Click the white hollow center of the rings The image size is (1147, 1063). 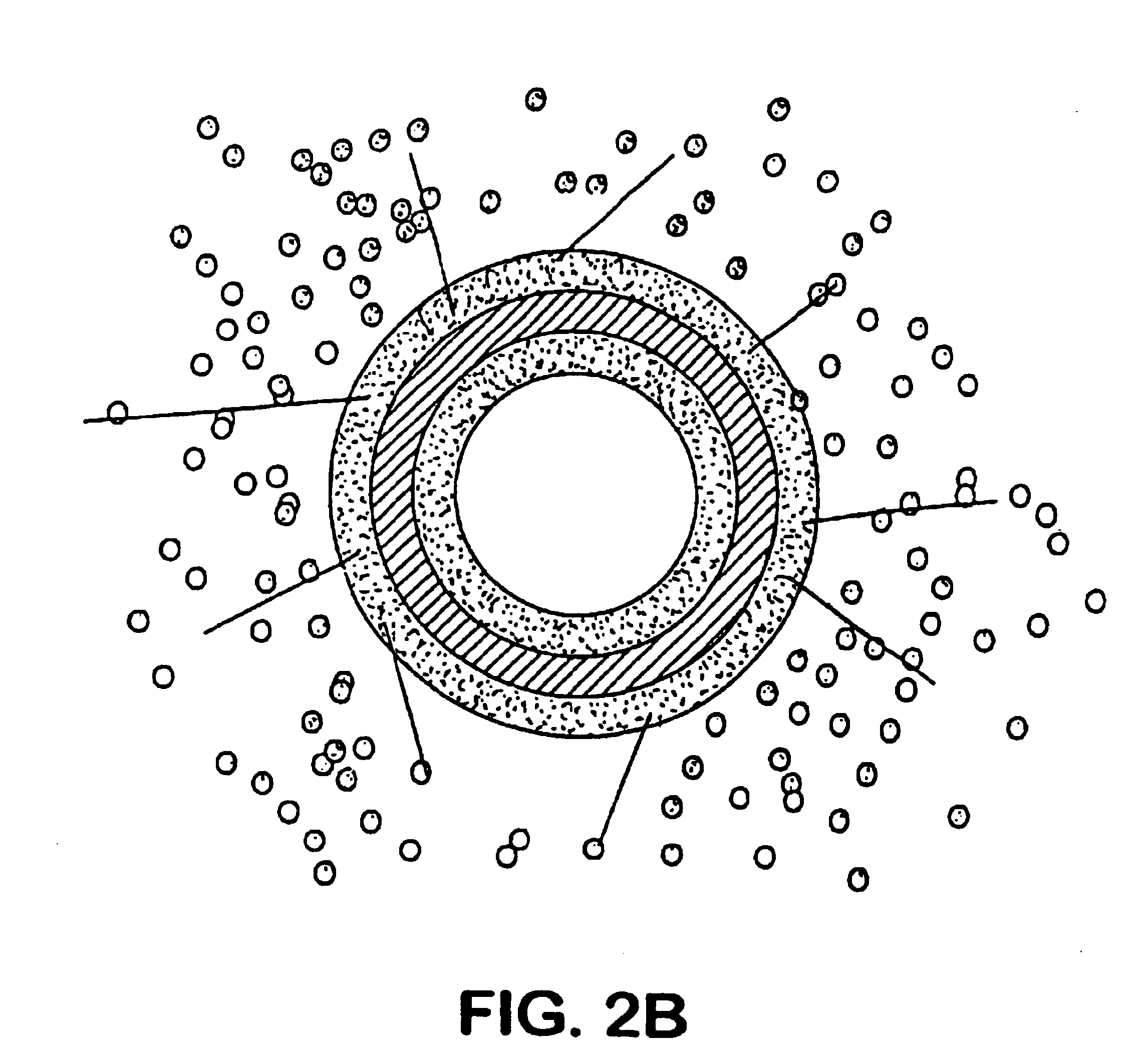click(x=576, y=495)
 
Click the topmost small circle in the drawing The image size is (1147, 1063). click(x=536, y=100)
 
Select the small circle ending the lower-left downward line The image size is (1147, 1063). click(x=421, y=772)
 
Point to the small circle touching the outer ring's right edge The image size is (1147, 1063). click(x=799, y=400)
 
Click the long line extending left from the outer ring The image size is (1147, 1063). click(x=226, y=409)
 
